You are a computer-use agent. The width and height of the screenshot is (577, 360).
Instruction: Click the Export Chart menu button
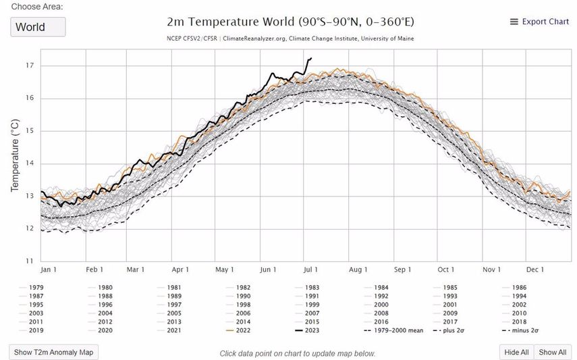(x=539, y=22)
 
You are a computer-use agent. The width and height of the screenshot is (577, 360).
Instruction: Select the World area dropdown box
(x=38, y=28)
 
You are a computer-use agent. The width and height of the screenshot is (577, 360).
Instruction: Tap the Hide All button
(x=516, y=352)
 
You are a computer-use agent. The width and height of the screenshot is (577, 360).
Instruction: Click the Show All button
(x=552, y=352)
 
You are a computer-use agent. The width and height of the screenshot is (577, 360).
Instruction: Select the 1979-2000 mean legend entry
(x=393, y=331)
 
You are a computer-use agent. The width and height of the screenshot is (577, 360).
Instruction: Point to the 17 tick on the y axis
(x=30, y=66)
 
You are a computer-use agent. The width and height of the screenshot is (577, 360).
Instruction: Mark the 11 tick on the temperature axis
(x=30, y=261)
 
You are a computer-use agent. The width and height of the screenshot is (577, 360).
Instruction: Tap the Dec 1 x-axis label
(x=535, y=270)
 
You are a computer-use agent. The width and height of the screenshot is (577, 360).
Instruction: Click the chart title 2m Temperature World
(x=290, y=22)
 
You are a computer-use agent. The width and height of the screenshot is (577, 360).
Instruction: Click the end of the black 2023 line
(x=310, y=58)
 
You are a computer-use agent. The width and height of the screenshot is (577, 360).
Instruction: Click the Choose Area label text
(x=38, y=6)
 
